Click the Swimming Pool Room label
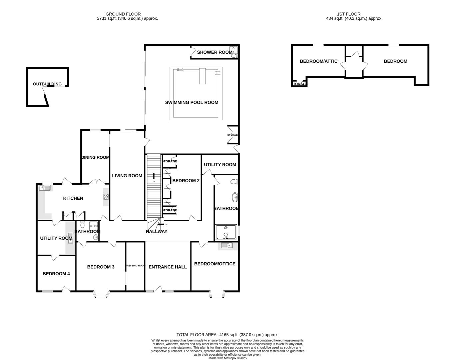click(x=191, y=102)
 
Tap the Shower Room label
click(x=214, y=52)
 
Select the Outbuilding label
click(x=47, y=84)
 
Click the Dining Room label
click(x=95, y=157)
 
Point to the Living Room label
click(x=127, y=176)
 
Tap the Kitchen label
click(x=73, y=198)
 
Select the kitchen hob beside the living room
click(x=106, y=197)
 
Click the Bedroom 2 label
click(x=186, y=181)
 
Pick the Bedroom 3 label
click(x=101, y=267)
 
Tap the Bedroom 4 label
click(x=56, y=274)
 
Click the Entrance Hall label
click(x=167, y=267)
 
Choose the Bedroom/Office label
click(x=214, y=264)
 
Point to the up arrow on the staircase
click(x=154, y=176)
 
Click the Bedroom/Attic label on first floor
click(x=319, y=61)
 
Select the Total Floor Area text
click(x=227, y=335)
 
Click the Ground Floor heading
click(x=123, y=14)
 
